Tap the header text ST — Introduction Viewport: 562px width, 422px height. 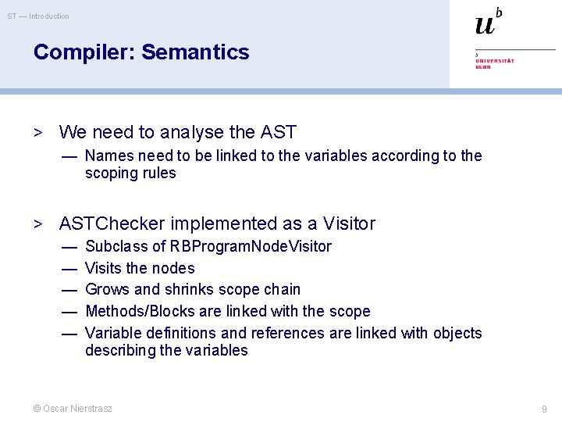[38, 16]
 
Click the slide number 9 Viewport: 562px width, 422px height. [544, 409]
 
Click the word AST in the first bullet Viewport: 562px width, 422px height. [278, 132]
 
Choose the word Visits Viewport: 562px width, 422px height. [104, 268]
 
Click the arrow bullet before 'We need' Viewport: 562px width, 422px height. [37, 133]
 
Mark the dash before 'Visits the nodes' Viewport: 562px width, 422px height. [69, 268]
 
